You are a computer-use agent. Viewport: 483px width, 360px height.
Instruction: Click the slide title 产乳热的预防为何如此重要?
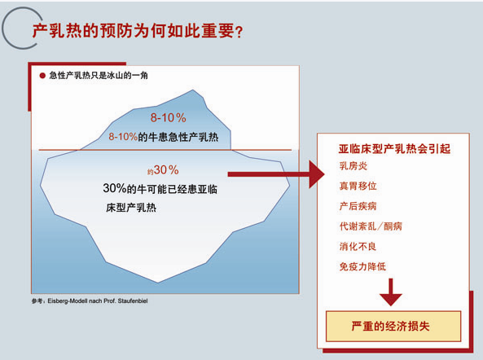[x=138, y=31]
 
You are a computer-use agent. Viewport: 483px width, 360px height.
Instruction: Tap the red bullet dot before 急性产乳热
[x=42, y=76]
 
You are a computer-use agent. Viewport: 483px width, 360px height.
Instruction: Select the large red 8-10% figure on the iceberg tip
[x=168, y=117]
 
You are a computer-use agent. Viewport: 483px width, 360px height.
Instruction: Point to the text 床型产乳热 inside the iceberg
[x=131, y=208]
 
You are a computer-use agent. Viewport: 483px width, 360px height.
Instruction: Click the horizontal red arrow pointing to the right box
[x=276, y=174]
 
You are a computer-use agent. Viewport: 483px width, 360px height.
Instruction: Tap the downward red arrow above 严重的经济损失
[x=391, y=292]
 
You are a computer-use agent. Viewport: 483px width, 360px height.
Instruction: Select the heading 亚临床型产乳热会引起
[x=394, y=149]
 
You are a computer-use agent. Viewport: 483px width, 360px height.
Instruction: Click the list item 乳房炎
[x=353, y=166]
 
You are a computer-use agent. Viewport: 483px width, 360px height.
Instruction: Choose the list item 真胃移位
[x=358, y=186]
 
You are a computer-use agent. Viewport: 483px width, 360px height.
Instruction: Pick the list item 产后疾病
[x=358, y=206]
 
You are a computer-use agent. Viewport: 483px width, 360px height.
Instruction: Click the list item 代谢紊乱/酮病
[x=371, y=226]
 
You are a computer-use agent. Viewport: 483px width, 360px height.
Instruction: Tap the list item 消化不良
[x=358, y=246]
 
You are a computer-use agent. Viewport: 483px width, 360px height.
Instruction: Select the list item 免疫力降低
[x=362, y=266]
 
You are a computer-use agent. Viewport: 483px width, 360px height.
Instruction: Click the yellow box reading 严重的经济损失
[x=393, y=326]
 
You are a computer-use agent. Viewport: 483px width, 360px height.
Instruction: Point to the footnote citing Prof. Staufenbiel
[x=90, y=301]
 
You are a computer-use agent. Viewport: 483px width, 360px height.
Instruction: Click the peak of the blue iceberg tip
[x=193, y=90]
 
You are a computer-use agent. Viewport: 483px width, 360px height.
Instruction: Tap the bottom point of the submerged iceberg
[x=158, y=283]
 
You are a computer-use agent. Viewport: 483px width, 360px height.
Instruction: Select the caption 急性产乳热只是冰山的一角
[x=99, y=76]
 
